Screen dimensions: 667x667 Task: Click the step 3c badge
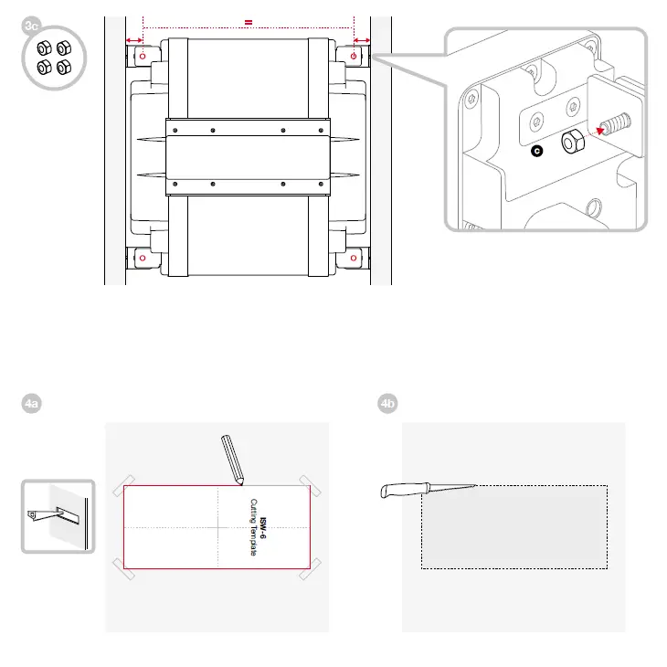click(x=31, y=26)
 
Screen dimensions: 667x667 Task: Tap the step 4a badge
click(x=31, y=403)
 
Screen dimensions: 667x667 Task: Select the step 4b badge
click(x=387, y=403)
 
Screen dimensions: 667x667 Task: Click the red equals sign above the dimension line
click(x=249, y=23)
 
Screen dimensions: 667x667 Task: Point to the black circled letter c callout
click(x=537, y=151)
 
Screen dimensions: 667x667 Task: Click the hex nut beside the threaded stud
click(x=573, y=142)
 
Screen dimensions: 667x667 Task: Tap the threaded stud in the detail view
click(x=616, y=123)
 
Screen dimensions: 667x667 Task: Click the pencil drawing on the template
click(x=232, y=460)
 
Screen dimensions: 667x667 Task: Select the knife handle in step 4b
click(x=405, y=490)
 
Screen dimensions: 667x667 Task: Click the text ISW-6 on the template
click(x=263, y=528)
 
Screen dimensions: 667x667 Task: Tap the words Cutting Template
click(x=253, y=527)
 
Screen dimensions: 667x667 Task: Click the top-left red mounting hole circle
click(x=143, y=56)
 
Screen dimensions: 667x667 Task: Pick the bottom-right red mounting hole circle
click(x=354, y=258)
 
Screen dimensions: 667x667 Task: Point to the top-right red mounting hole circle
click(x=354, y=56)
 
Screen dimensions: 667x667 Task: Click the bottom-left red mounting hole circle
click(x=143, y=258)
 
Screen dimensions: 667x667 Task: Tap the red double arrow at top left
click(x=134, y=40)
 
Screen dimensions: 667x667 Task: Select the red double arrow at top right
click(x=362, y=40)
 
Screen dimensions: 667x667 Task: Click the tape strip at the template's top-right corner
click(x=310, y=486)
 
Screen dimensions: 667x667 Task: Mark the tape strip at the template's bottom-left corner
click(x=123, y=569)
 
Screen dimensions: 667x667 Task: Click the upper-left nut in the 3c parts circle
click(x=44, y=48)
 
